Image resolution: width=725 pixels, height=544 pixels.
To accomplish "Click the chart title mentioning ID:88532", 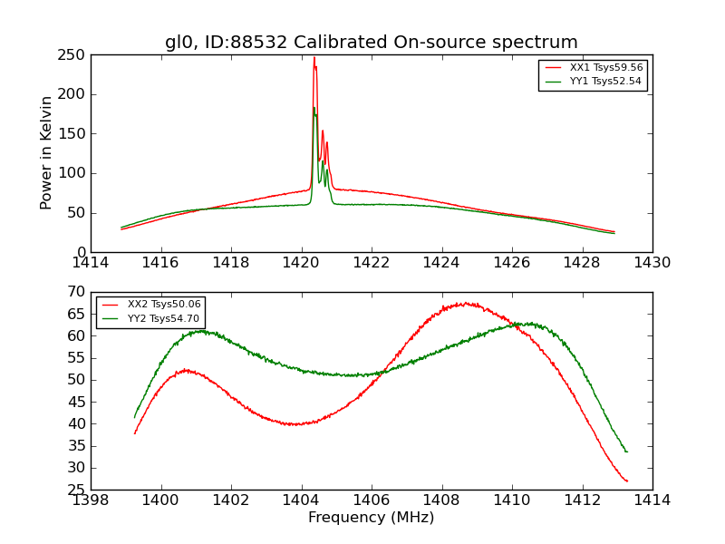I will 371,42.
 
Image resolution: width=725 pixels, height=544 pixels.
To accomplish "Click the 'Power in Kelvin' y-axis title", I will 46,152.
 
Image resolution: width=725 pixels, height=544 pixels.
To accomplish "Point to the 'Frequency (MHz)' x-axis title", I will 371,518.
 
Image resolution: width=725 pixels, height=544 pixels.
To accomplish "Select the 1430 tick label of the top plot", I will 652,263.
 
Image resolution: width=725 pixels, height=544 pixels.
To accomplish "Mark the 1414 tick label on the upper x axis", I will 91,263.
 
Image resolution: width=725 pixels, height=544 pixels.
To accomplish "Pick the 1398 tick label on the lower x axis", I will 91,500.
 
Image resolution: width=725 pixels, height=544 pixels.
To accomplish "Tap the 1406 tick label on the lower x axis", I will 371,500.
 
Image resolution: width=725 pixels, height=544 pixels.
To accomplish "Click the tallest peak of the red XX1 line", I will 314,58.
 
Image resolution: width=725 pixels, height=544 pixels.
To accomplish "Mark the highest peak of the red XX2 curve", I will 464,303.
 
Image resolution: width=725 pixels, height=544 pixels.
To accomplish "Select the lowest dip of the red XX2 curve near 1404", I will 294,424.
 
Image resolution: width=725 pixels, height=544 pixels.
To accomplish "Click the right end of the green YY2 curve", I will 626,452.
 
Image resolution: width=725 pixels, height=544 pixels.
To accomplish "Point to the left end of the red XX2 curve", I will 134,433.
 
